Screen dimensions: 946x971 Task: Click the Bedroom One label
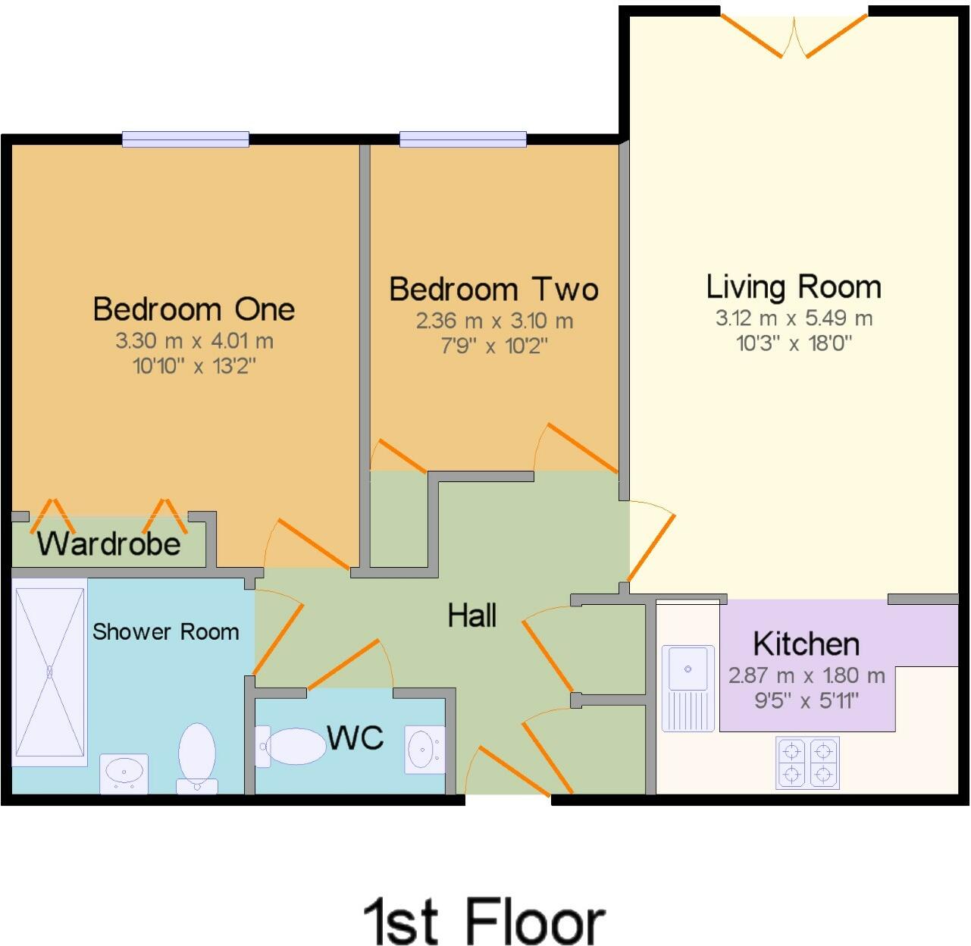193,309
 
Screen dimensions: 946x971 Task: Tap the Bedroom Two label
493,290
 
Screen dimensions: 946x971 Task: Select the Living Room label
794,287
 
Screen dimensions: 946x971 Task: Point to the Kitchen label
806,644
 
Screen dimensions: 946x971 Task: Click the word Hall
471,616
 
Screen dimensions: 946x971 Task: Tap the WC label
355,737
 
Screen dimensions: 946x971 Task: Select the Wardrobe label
109,543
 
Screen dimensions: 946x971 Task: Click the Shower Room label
165,631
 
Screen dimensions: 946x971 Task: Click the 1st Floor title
484,922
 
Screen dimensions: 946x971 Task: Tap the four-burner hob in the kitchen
807,763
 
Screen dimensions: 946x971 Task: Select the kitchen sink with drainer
688,688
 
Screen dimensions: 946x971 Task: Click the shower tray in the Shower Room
50,671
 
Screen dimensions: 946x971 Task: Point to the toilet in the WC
292,747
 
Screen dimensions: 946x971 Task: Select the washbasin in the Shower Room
124,772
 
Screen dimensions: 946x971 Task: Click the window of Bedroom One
186,139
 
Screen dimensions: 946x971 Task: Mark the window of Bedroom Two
462,139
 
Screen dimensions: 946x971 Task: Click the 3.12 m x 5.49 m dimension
794,318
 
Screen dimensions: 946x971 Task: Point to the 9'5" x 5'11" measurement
806,700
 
